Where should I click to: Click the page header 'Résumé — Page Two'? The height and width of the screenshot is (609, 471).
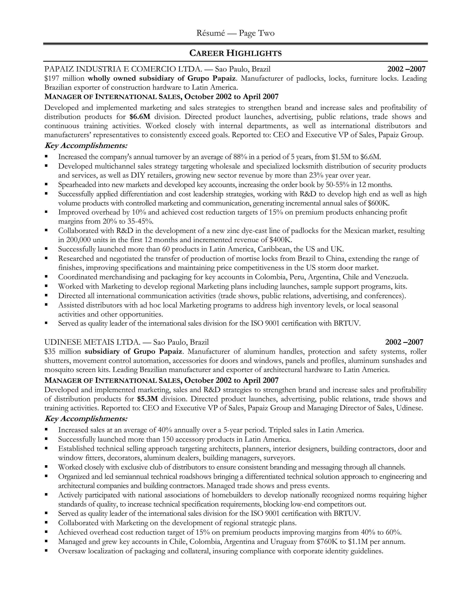pos(235,33)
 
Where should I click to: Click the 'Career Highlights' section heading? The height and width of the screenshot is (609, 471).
pos(235,53)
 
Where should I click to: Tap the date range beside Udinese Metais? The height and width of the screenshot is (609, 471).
pos(404,342)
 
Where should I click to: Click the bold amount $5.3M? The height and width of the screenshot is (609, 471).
pos(148,399)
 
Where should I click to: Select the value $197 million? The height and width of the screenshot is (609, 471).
pos(64,78)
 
